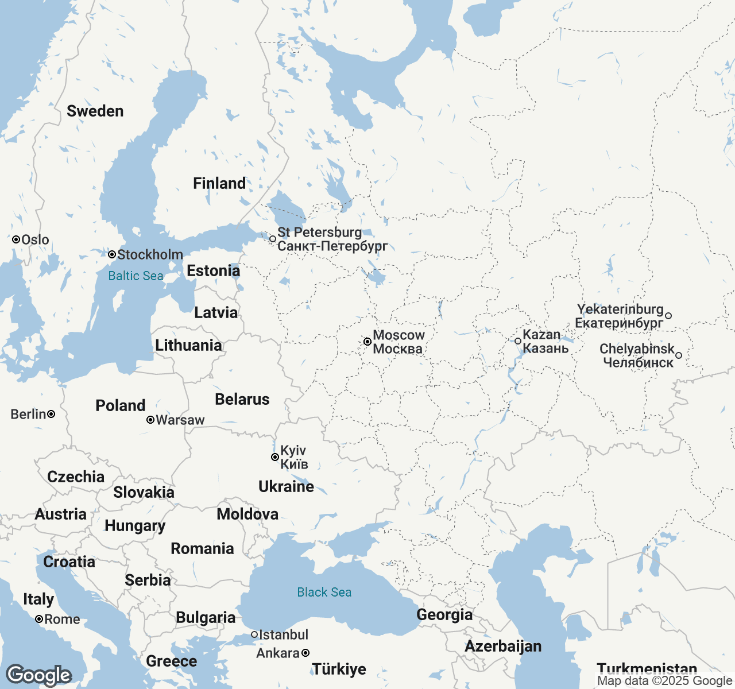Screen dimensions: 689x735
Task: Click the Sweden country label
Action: click(x=95, y=111)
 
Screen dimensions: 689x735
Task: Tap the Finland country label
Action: click(x=219, y=183)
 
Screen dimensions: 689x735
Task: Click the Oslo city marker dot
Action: click(x=16, y=239)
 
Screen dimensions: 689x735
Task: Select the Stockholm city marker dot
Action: click(x=112, y=254)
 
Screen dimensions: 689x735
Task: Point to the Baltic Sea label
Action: click(x=136, y=276)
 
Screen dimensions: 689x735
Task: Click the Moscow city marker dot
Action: click(x=367, y=342)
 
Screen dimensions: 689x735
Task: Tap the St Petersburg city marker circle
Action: click(x=273, y=239)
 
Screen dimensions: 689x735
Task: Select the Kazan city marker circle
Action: click(x=518, y=341)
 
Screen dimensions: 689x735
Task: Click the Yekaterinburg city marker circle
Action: click(x=668, y=316)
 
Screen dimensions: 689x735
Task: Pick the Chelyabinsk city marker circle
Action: click(x=679, y=355)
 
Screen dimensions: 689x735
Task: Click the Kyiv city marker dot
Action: click(x=275, y=457)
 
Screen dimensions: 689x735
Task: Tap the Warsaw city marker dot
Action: click(x=150, y=420)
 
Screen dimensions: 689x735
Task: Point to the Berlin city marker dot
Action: click(x=51, y=414)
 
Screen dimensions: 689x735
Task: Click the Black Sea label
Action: click(x=324, y=592)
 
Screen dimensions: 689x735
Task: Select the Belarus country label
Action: click(x=242, y=399)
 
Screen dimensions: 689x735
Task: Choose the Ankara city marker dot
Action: click(x=305, y=653)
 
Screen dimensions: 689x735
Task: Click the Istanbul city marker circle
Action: click(x=254, y=634)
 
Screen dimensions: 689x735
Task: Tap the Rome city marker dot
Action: click(x=39, y=619)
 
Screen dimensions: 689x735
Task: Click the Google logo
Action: click(x=38, y=675)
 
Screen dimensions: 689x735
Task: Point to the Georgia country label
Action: click(x=444, y=614)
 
